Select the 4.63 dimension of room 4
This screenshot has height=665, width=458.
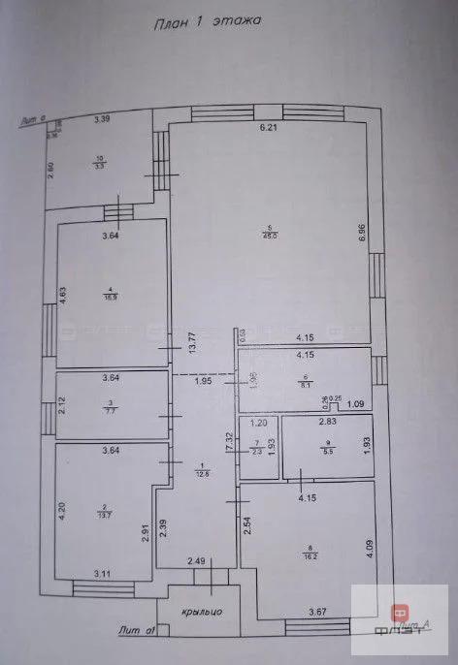[x=62, y=295]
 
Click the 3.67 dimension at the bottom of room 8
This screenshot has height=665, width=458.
[x=318, y=612]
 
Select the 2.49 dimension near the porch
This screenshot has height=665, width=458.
[x=195, y=560]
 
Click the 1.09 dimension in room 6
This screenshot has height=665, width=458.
[x=355, y=403]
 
